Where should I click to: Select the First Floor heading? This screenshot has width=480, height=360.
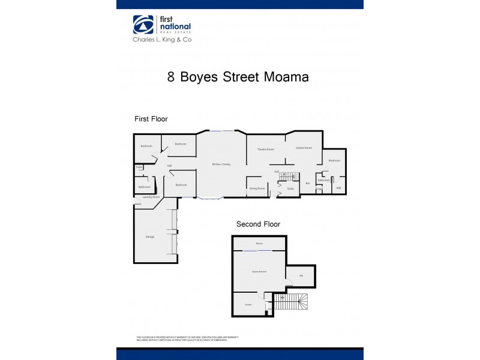pos(151,119)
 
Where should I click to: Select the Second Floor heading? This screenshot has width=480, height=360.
pos(258,224)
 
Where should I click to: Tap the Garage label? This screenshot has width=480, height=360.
pos(150,237)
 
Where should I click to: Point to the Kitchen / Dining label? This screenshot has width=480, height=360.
pos(221,164)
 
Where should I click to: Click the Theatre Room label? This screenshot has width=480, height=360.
pos(266,149)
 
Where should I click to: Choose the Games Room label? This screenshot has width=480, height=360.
pos(304,148)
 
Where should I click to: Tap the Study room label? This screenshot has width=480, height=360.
pos(290,189)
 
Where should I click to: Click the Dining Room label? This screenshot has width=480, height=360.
pos(257,188)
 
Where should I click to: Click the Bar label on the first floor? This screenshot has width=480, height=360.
pos(307,183)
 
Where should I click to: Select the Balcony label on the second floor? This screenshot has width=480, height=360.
pos(259,244)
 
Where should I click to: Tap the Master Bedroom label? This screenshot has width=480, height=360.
pos(259,272)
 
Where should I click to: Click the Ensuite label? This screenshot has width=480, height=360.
pos(248,305)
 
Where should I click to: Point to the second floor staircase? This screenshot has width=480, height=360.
pos(294,302)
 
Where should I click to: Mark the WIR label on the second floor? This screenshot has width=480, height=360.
pos(301,276)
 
